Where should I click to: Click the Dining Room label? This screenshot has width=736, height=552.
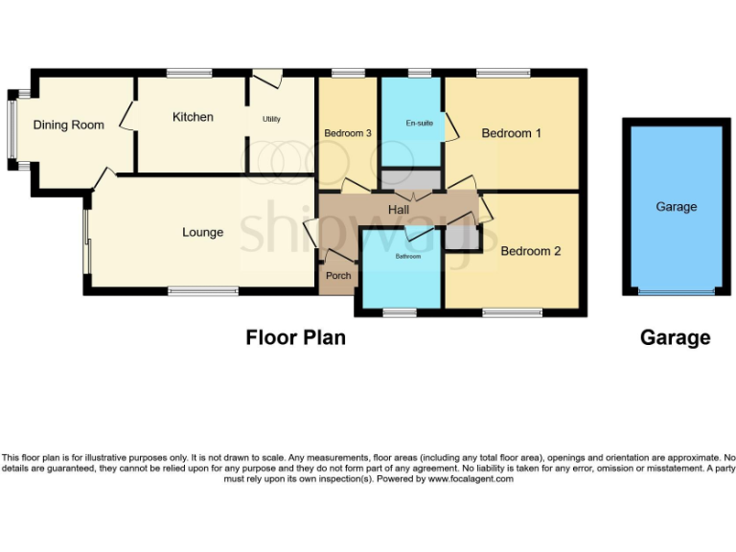click(68, 125)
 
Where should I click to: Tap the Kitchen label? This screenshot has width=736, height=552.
click(193, 117)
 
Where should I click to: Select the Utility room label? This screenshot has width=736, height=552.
click(272, 119)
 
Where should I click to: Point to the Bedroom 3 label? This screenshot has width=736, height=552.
click(347, 133)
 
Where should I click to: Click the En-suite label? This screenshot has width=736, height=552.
click(419, 124)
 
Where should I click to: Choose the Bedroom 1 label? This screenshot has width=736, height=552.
click(511, 133)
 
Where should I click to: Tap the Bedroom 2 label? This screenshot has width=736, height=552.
click(530, 251)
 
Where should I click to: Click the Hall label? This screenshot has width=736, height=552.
click(399, 209)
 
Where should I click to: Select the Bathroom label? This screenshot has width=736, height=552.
click(408, 257)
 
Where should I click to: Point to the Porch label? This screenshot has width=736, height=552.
click(338, 276)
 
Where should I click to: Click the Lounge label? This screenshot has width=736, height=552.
click(202, 232)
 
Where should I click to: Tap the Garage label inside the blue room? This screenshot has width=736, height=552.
click(676, 206)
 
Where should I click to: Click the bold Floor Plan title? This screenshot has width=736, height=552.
click(295, 337)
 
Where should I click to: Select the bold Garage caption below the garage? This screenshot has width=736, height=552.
click(676, 337)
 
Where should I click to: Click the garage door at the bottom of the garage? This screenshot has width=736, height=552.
click(676, 292)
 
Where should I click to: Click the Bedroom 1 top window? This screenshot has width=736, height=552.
click(503, 73)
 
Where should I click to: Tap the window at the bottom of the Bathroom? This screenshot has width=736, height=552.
click(400, 312)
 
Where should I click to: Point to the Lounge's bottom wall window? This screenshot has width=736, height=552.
click(203, 290)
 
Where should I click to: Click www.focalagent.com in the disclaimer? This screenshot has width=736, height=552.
click(471, 479)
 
